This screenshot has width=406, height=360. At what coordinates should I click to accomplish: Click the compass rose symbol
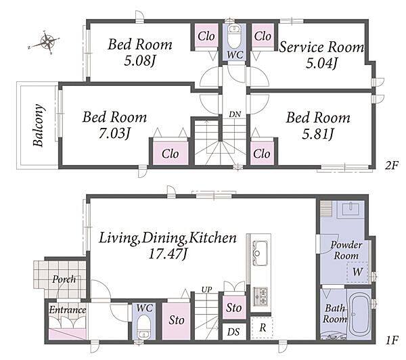coord(47,42)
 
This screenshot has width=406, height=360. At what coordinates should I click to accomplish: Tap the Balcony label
coord(39,125)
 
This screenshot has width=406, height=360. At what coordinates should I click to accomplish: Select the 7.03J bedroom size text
coord(114,133)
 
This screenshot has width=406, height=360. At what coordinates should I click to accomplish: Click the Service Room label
coord(321,47)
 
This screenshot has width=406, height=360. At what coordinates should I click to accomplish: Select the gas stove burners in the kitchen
coord(261,296)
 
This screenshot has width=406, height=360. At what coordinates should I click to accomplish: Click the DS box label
coord(233,332)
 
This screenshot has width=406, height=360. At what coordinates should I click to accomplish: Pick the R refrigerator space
coord(263,328)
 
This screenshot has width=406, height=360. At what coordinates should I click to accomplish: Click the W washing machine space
coord(357,272)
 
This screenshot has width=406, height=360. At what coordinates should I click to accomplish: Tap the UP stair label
coord(206,290)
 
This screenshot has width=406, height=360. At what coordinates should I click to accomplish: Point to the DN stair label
coord(235,114)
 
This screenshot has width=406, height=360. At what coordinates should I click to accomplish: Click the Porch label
coord(64,279)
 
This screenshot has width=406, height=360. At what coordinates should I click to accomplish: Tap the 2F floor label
coord(391,164)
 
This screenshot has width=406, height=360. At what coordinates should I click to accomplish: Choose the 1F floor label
coord(391,341)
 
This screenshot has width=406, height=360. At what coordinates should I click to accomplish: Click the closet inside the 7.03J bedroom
coord(170,153)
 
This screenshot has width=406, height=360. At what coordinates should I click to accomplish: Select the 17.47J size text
coord(168,254)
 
